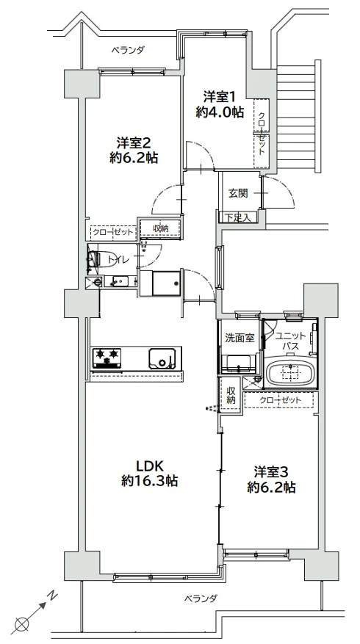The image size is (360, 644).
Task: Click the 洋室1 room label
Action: click(218, 95)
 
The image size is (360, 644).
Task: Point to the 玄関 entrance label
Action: click(237, 193)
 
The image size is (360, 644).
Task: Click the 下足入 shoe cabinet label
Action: click(238, 217)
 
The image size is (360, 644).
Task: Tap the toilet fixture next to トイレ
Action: click(93, 258)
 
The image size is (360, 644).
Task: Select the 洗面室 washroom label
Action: click(240, 338)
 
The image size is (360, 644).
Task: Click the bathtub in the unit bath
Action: click(290, 373)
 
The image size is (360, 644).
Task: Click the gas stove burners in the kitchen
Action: click(108, 358)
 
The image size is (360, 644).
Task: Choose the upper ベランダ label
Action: click(128, 51)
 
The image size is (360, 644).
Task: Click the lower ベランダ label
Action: click(200, 598)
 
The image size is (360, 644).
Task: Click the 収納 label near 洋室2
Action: click(160, 228)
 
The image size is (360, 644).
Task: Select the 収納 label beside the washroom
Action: click(231, 396)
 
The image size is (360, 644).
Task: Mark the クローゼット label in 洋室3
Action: click(281, 399)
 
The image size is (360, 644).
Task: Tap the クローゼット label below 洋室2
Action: click(113, 232)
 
